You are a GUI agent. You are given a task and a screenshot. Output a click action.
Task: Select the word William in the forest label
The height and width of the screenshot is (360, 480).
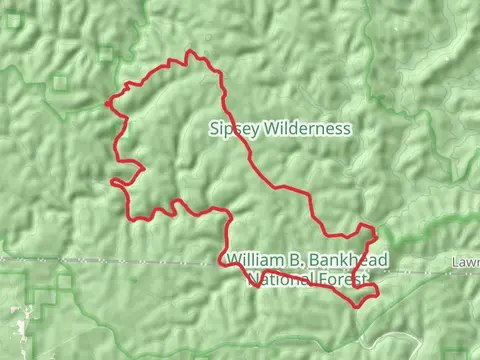254,260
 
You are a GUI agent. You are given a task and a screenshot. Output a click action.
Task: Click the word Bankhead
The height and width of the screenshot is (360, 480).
348,260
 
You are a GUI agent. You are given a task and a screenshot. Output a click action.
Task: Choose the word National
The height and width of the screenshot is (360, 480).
280,279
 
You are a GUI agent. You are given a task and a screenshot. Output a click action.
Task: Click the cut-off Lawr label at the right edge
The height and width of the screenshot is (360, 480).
466,261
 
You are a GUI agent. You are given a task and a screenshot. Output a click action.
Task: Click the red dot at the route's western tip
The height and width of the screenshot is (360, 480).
108,100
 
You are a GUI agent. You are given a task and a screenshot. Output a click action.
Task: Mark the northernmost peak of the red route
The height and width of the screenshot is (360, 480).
188,53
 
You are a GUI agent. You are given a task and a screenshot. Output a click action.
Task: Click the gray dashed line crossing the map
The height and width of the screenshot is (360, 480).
120,260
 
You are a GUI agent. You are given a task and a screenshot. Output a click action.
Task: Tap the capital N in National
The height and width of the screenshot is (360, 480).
254,279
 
